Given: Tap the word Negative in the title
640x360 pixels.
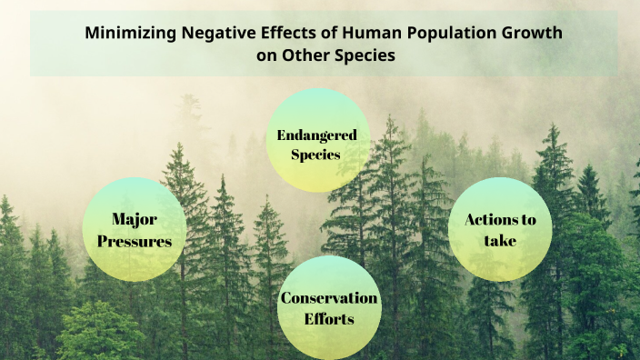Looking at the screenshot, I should (x=215, y=34).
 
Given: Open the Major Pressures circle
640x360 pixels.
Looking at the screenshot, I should (x=135, y=229).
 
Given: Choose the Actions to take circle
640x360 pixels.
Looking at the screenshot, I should (x=500, y=229).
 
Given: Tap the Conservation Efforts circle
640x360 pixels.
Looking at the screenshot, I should (x=329, y=307).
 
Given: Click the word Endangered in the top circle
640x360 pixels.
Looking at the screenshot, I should (x=316, y=135).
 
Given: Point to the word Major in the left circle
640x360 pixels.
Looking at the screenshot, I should (x=135, y=219).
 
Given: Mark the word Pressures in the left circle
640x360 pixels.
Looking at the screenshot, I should (x=135, y=241).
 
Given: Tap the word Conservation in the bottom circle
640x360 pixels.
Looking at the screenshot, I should (x=329, y=298).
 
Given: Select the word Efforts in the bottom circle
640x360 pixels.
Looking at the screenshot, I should (x=329, y=320).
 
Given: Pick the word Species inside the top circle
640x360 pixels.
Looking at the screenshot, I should (x=315, y=155).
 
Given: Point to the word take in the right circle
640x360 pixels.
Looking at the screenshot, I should (x=500, y=241).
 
